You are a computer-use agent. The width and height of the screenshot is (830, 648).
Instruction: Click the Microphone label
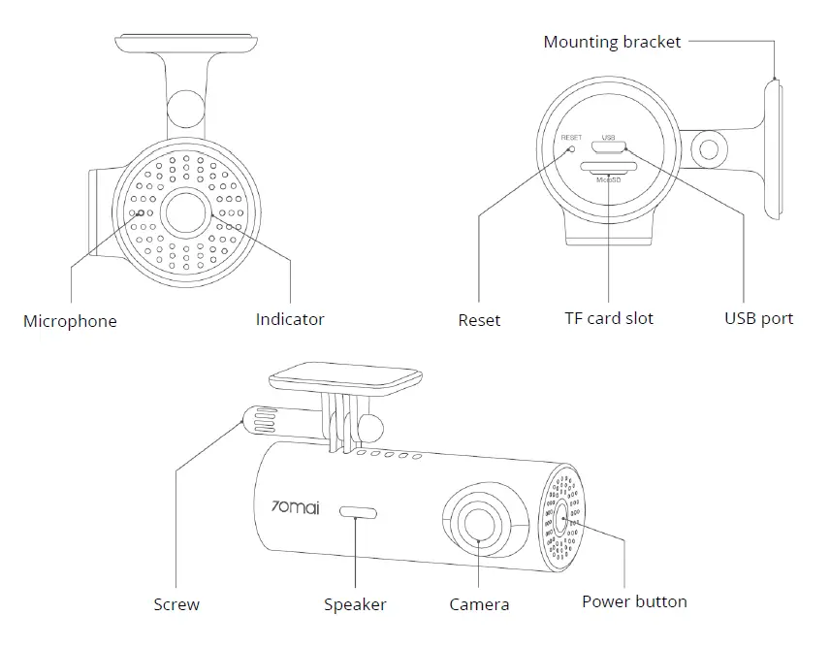(70, 321)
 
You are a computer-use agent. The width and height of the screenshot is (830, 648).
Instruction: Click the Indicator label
(290, 319)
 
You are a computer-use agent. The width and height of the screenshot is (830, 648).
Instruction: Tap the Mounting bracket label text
(612, 42)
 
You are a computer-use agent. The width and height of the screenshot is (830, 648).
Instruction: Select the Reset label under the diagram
(479, 319)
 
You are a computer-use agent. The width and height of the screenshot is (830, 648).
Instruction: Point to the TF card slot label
(609, 318)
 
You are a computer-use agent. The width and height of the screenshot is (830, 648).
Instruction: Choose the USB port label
(758, 318)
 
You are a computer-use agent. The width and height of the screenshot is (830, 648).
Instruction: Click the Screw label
(176, 604)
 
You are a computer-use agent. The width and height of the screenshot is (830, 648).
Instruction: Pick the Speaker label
(355, 604)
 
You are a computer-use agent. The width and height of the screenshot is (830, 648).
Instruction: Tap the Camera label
(479, 604)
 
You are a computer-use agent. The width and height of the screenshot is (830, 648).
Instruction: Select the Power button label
(634, 601)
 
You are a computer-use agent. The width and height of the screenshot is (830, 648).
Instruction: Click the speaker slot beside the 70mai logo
(358, 511)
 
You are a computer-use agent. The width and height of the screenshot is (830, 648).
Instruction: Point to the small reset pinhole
(572, 148)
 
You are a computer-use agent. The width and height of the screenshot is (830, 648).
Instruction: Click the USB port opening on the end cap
(610, 148)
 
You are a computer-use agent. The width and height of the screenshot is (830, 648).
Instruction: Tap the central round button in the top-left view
(184, 211)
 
